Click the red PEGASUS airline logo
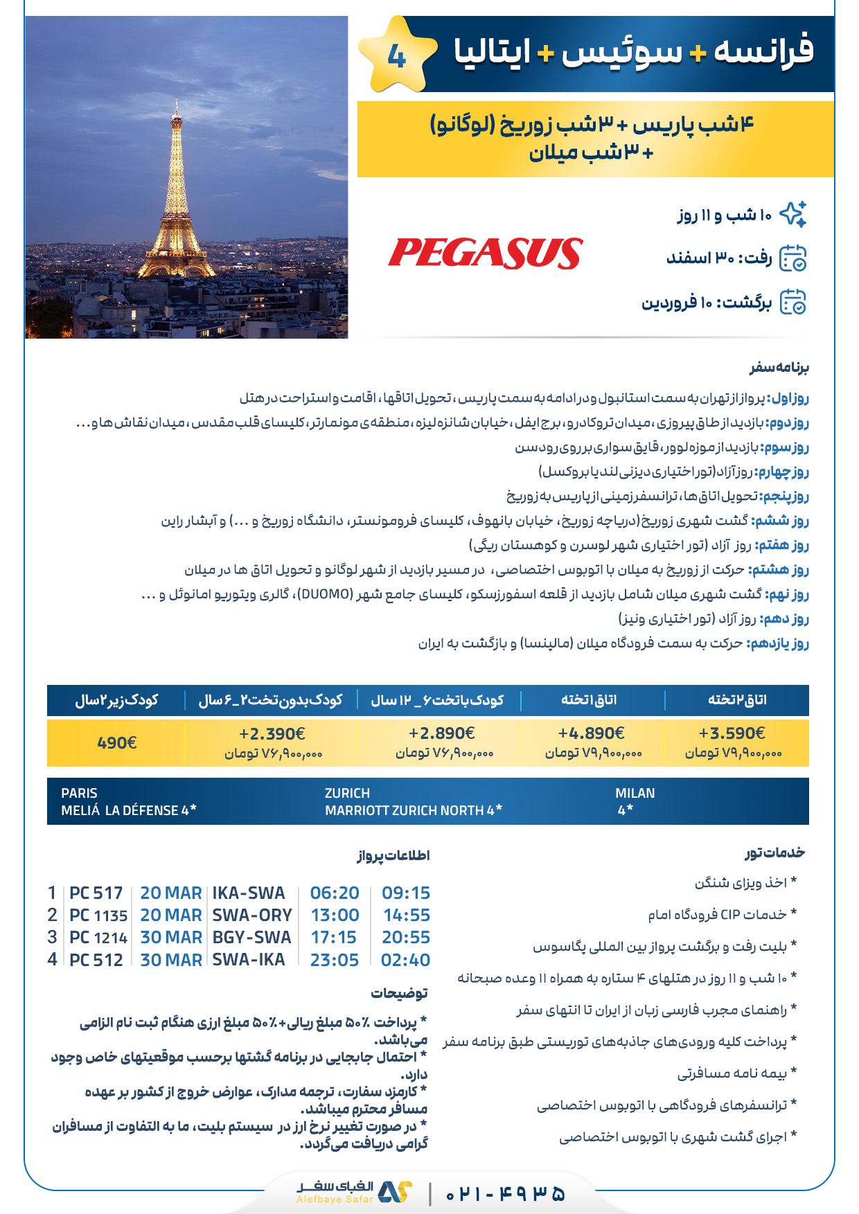[485, 253]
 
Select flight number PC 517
[96, 893]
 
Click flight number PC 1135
[98, 916]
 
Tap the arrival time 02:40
[405, 961]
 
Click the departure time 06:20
[335, 893]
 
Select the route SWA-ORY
[252, 916]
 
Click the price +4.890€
[591, 733]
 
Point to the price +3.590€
[732, 733]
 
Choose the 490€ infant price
[116, 743]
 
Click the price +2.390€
[272, 733]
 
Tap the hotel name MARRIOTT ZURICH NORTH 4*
[414, 810]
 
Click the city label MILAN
[635, 794]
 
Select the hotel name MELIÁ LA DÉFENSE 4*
[129, 810]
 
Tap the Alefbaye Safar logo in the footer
[355, 1193]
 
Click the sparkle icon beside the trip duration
[793, 215]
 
